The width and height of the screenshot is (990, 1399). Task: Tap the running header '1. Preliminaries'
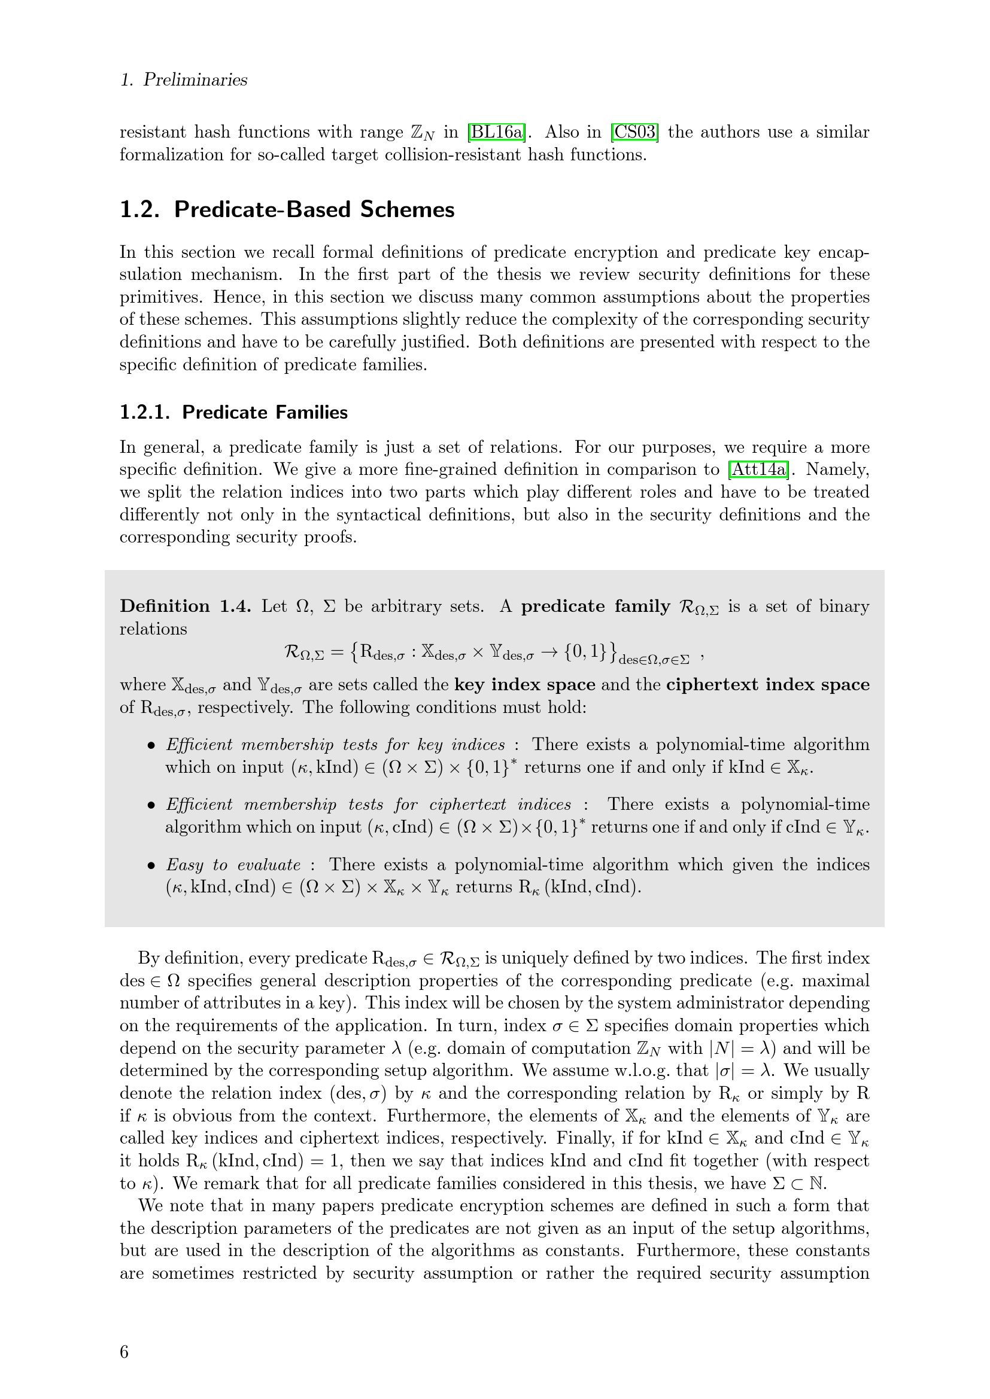click(184, 80)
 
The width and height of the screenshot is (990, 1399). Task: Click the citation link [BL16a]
click(496, 132)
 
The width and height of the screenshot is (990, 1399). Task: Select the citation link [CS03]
click(634, 132)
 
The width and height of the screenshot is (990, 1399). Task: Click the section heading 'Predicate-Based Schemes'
click(314, 209)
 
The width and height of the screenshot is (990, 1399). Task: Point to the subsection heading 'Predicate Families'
click(265, 413)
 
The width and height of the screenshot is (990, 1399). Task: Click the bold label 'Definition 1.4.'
click(186, 606)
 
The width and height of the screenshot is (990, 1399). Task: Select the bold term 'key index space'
click(524, 685)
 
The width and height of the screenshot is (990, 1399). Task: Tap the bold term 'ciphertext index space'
click(767, 685)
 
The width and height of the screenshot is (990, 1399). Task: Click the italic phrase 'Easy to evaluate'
click(233, 865)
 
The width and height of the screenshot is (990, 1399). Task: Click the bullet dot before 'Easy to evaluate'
click(152, 866)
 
